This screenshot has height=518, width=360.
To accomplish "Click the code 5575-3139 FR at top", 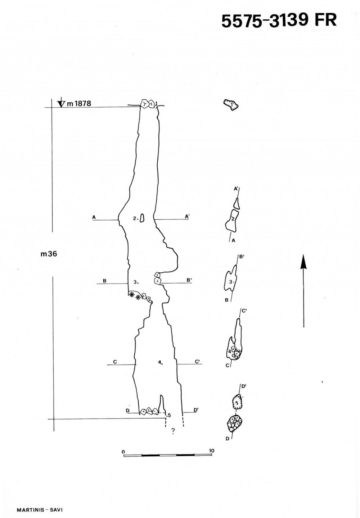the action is [279, 21].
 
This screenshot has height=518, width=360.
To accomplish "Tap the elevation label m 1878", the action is [79, 103].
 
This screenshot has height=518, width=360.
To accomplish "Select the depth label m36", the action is [49, 254].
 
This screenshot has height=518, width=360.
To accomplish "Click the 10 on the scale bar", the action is [211, 451].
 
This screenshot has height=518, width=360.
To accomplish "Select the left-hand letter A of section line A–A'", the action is [94, 217].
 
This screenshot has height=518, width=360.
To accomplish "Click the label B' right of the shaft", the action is [189, 280].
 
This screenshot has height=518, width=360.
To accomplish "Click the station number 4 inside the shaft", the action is [160, 362].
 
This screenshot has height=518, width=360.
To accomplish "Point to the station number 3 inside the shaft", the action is [135, 282].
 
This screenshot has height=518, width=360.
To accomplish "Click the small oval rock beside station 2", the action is [142, 218].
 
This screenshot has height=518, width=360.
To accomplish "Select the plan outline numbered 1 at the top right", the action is [231, 105].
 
